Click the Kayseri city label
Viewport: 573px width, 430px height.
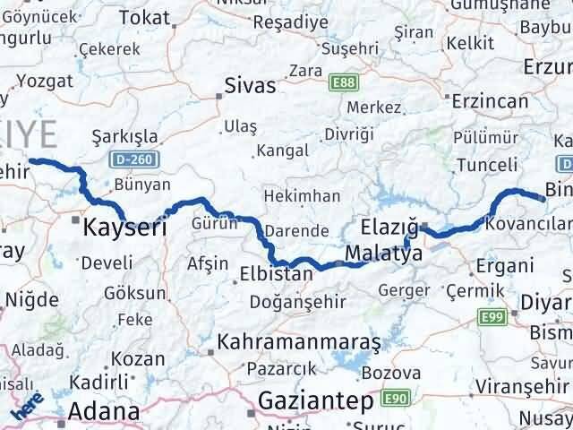click(124, 228)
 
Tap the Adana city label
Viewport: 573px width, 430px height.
click(106, 412)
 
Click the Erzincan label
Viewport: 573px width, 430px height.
click(491, 101)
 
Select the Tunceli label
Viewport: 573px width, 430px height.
click(487, 165)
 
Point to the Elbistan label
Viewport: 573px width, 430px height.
click(277, 274)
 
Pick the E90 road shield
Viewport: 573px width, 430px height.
click(394, 397)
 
